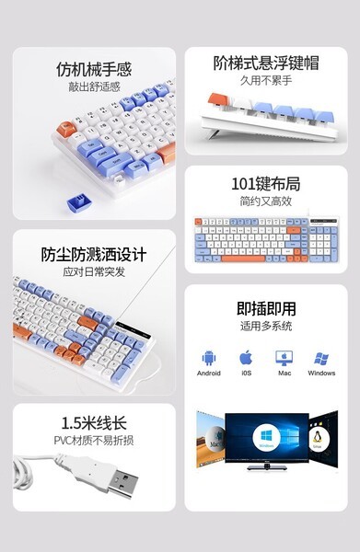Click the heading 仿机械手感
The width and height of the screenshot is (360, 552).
(x=94, y=69)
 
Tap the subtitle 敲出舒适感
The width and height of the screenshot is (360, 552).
(x=94, y=87)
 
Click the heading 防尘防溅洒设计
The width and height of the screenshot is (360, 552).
(x=94, y=254)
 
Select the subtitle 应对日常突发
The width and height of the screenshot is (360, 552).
(x=94, y=272)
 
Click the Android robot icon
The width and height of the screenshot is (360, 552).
(x=209, y=357)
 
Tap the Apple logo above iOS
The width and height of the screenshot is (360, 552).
(x=246, y=357)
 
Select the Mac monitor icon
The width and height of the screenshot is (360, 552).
(x=284, y=357)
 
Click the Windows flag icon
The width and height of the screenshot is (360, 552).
(x=321, y=357)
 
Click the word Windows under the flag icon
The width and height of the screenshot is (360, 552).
(x=321, y=374)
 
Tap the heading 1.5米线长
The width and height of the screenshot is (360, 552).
(x=94, y=423)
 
